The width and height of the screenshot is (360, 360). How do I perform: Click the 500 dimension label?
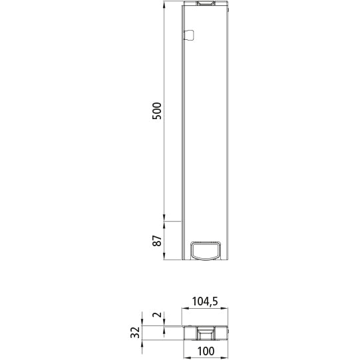click(x=157, y=110)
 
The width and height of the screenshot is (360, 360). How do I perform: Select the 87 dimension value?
click(x=157, y=241)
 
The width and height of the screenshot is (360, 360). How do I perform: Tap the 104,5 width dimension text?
click(x=206, y=301)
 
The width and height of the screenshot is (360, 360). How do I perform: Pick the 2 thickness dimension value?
click(x=157, y=317)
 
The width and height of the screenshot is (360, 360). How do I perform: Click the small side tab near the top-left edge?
click(x=188, y=35)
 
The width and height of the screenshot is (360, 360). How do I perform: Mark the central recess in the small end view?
click(x=206, y=331)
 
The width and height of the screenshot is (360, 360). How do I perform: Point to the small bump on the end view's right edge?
click(x=228, y=328)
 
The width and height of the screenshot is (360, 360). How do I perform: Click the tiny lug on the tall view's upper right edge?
click(x=229, y=11)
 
